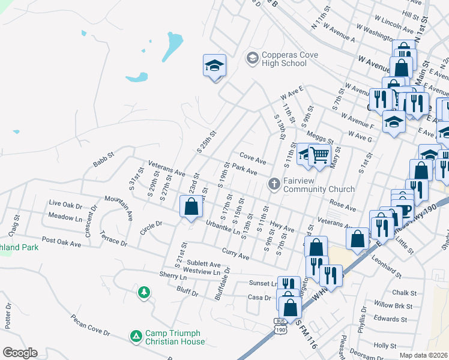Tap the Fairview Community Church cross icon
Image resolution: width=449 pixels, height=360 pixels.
point(274,184)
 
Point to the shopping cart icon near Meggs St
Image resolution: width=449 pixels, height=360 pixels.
point(320,155)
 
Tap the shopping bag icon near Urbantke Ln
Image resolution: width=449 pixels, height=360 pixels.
point(191,207)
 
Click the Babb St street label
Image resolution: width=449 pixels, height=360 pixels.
point(103,162)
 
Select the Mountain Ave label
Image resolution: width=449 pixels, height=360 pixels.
point(118,206)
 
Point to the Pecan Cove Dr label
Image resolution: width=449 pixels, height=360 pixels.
point(90,325)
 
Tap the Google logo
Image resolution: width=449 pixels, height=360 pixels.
point(20,353)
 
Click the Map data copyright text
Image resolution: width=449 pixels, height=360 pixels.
point(423,355)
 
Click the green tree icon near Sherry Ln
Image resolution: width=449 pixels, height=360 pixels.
point(143,292)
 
